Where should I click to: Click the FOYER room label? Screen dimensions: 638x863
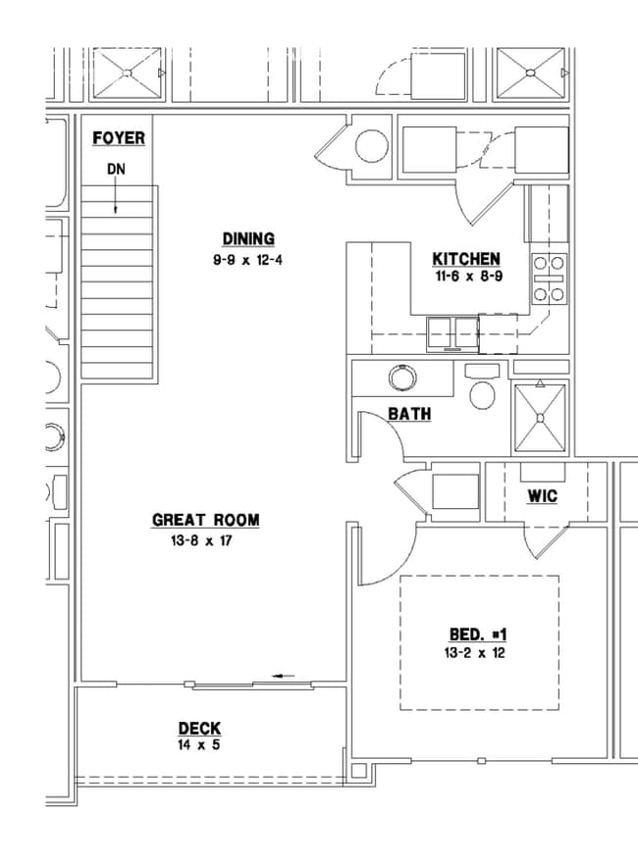point(119,137)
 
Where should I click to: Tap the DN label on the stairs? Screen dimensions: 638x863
point(116,169)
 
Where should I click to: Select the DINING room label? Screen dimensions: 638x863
point(248,239)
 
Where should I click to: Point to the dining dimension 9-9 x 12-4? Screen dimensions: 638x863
point(248,260)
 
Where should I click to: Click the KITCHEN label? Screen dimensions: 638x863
point(466,259)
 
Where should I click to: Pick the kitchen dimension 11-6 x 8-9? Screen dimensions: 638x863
point(469,277)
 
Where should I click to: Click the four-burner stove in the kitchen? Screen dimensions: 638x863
point(549,279)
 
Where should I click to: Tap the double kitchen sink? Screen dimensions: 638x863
point(452,333)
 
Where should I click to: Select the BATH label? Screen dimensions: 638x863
point(409,414)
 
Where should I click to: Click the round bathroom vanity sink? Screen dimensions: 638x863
point(402,379)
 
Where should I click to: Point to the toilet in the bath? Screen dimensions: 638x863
point(482,387)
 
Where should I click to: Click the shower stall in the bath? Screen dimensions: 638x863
point(540,418)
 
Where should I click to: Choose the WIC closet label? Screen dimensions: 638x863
point(542,496)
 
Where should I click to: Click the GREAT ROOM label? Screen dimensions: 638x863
point(205,520)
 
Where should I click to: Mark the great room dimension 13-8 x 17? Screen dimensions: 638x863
point(201,541)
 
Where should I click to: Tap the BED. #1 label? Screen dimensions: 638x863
point(478,635)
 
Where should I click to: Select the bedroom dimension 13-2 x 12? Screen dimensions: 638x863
point(474,653)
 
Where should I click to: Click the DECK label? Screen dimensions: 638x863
point(199,729)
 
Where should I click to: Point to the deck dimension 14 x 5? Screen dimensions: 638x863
point(199,745)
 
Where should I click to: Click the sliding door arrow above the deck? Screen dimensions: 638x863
point(285,676)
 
